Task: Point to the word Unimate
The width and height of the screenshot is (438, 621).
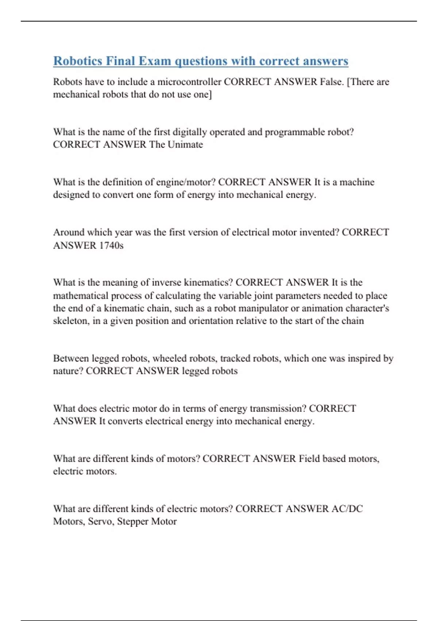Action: pos(185,145)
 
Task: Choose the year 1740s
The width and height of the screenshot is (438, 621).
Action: pos(111,245)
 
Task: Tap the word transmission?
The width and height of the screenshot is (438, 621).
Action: pos(278,409)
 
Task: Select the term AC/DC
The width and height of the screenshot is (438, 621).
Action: pos(347,509)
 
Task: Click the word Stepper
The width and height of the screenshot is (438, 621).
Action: pos(132,522)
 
